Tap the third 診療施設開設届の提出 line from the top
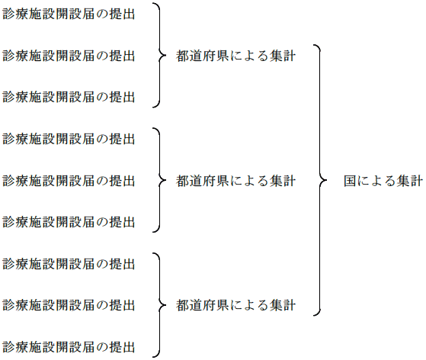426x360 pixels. [69, 97]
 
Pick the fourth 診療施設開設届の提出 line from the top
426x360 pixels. [69, 139]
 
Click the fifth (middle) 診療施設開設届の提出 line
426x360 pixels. [69, 181]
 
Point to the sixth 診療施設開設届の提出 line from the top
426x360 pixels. [69, 222]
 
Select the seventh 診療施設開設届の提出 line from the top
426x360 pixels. [69, 264]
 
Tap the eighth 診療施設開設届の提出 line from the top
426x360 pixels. [69, 305]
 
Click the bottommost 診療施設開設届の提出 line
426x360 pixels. [69, 347]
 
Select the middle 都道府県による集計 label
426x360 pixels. [235, 181]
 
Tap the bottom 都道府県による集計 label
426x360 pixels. [235, 305]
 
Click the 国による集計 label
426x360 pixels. [382, 181]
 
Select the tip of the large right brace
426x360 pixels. [326, 181]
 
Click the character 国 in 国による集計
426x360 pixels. [349, 181]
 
